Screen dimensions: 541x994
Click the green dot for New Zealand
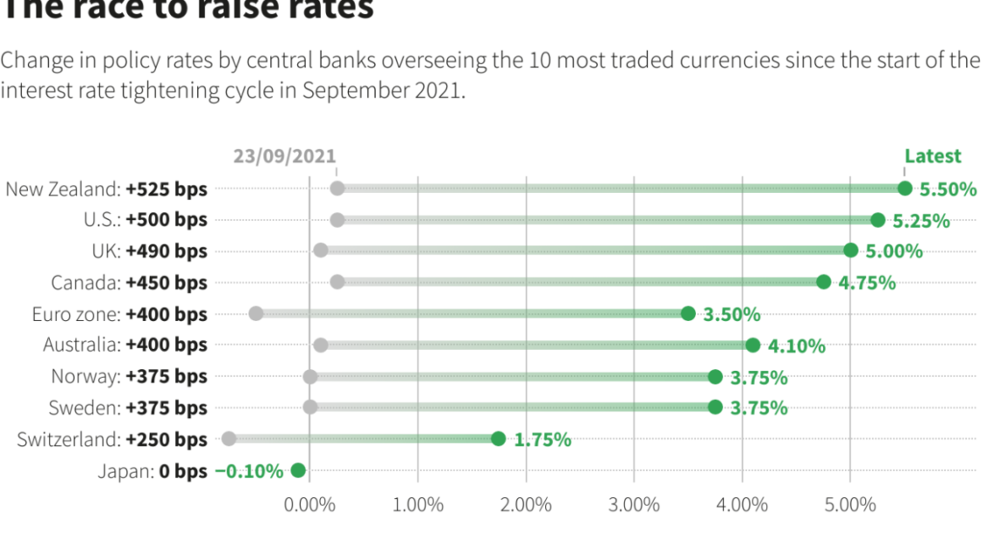(904, 188)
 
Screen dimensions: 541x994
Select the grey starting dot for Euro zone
(255, 314)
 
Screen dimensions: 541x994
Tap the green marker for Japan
(298, 470)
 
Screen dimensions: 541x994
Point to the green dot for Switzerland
(498, 439)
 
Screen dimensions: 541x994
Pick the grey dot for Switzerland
(228, 439)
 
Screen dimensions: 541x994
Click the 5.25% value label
(921, 221)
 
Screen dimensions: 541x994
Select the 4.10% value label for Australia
(796, 346)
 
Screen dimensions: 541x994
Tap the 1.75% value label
(542, 440)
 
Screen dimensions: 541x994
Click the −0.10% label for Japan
(249, 471)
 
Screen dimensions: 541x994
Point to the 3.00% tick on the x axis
(634, 505)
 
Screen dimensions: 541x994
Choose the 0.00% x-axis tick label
(310, 505)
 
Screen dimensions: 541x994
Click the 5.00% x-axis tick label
(850, 505)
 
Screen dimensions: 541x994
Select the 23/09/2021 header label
(284, 156)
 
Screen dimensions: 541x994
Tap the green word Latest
(932, 156)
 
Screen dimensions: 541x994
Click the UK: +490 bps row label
(149, 251)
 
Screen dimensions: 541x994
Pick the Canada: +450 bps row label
(129, 283)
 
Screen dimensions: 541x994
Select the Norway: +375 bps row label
(129, 377)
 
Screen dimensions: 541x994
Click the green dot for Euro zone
(688, 314)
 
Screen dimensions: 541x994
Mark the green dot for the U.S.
(877, 220)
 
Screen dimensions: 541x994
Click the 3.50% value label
(732, 315)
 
